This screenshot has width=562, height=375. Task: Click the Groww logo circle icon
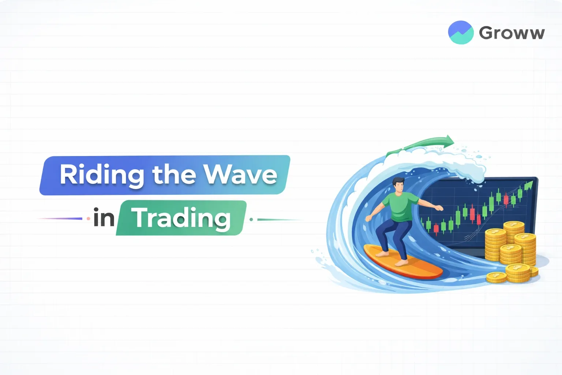click(461, 32)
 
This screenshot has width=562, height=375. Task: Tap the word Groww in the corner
click(512, 33)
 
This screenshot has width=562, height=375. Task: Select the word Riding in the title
click(101, 175)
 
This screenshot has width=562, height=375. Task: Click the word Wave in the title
click(240, 175)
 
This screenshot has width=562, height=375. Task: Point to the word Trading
click(181, 218)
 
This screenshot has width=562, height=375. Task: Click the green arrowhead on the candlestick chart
click(528, 186)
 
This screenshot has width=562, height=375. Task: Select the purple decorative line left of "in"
click(60, 219)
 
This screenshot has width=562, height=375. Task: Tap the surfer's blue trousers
click(391, 234)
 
